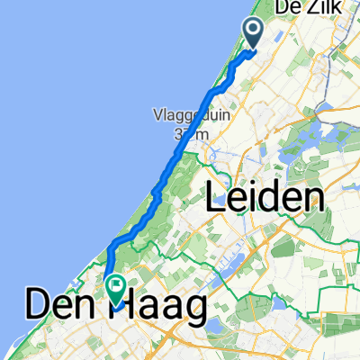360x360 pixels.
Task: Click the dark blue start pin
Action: pos(253,34)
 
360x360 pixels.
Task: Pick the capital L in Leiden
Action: pos(217,198)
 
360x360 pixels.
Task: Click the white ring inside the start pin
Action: pos(253,31)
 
